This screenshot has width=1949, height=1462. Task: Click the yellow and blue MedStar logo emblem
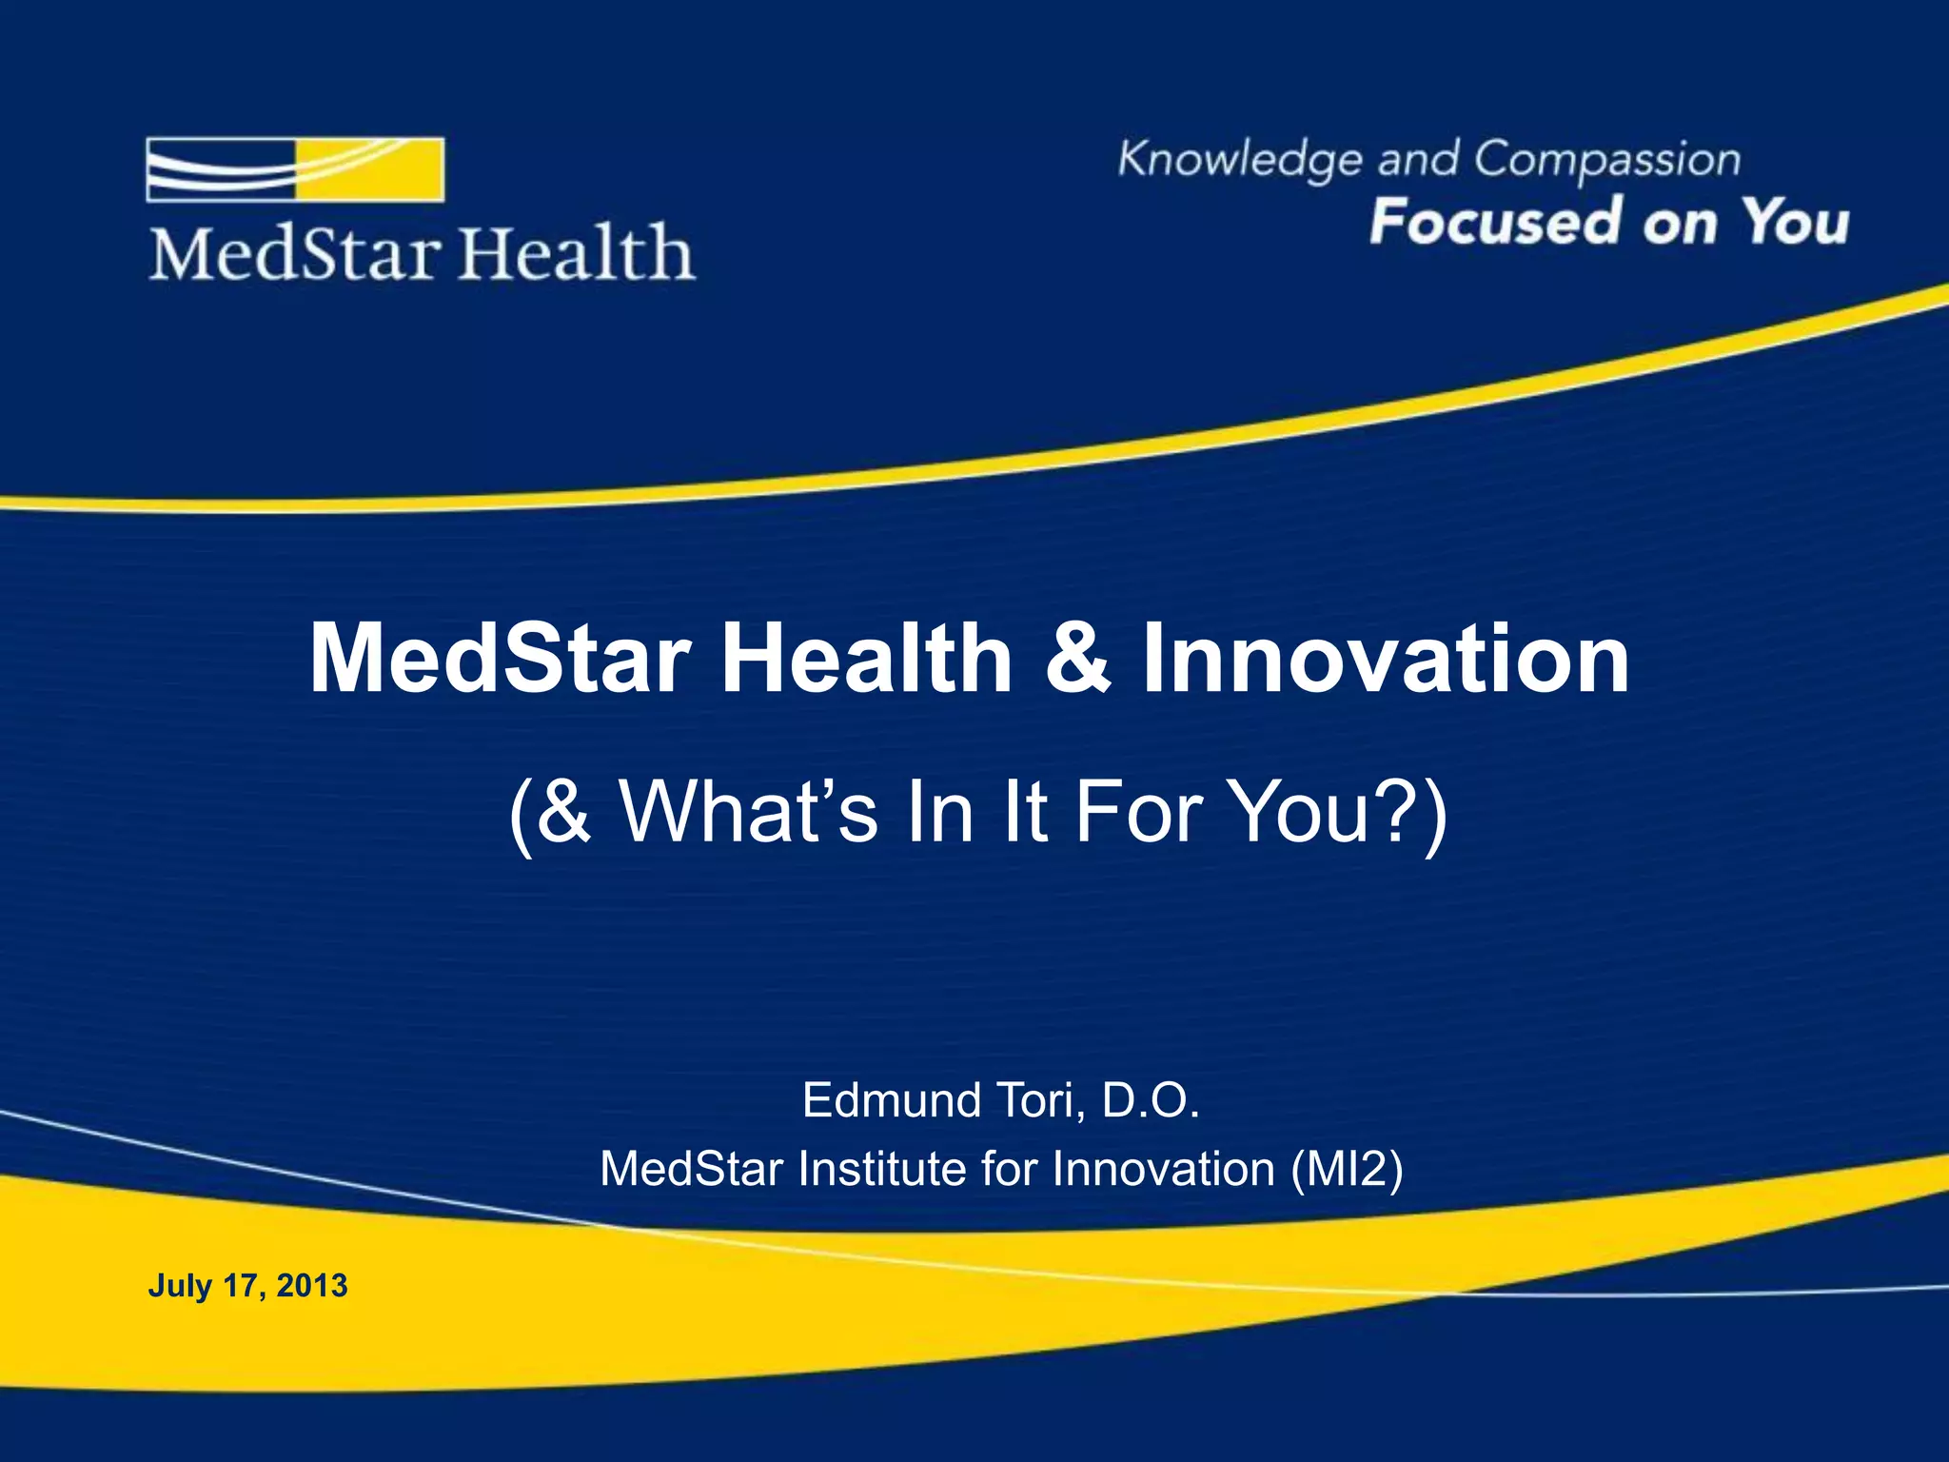click(295, 169)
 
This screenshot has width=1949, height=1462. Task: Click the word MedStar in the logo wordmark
click(295, 254)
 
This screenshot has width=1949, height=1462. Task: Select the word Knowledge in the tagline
click(1239, 160)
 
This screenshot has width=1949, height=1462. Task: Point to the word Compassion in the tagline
click(1607, 160)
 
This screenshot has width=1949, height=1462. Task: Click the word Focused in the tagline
click(1495, 222)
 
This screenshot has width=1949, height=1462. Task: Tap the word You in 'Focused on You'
click(1795, 222)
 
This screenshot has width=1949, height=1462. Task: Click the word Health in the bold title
click(866, 659)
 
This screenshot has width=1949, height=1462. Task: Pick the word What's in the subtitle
click(748, 812)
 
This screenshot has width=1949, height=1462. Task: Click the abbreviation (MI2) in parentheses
click(1347, 1169)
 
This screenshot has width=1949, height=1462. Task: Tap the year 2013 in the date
click(312, 1286)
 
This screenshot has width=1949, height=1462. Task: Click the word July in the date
click(180, 1286)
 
